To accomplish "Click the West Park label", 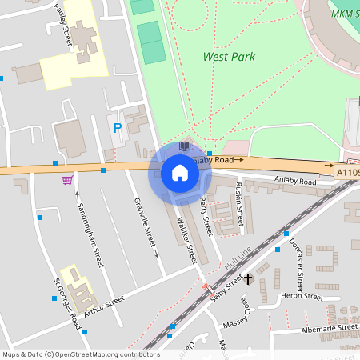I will (x=229, y=57).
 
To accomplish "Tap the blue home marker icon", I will (x=179, y=172).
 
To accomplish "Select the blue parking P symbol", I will (x=118, y=128).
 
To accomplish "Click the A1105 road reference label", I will (x=347, y=171).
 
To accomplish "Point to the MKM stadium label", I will (x=343, y=13).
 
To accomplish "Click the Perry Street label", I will (x=206, y=215).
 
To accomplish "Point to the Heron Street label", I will (x=302, y=297).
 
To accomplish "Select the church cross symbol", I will (x=248, y=278).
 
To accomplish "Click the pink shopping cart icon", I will (x=67, y=179).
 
